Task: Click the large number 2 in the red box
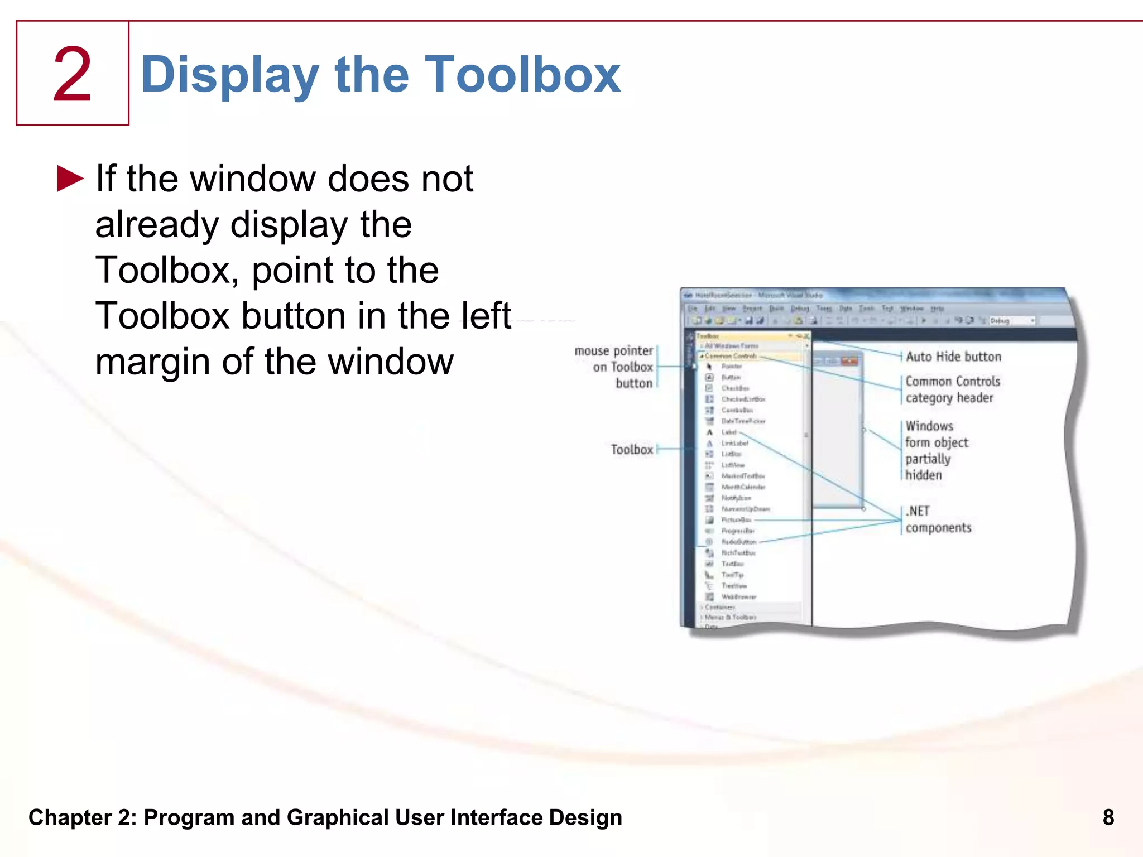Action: [x=72, y=74]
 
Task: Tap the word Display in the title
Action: [x=230, y=75]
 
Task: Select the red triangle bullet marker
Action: [x=70, y=179]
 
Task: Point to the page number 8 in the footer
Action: [x=1108, y=817]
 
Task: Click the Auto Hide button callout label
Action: [x=953, y=357]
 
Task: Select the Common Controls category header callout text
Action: [x=952, y=389]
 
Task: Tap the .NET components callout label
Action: [x=938, y=519]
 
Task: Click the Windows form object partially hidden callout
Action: [x=936, y=450]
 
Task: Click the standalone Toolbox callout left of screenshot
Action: [x=631, y=450]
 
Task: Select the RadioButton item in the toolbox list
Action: [x=738, y=542]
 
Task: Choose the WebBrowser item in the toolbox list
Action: [x=738, y=597]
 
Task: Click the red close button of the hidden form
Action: [x=849, y=361]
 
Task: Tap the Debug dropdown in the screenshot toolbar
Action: [x=1012, y=321]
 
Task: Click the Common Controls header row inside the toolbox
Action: [x=731, y=356]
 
